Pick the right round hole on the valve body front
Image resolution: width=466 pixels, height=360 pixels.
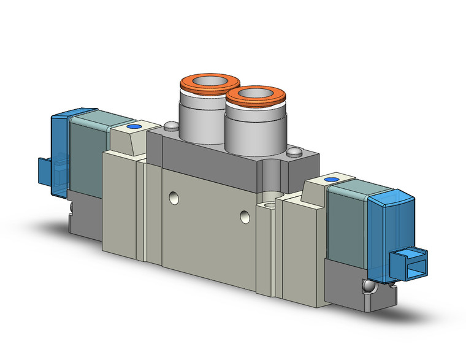coord(245,216)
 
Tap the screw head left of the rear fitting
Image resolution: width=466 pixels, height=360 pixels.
coord(170,126)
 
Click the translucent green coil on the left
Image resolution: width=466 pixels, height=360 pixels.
coord(86,153)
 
